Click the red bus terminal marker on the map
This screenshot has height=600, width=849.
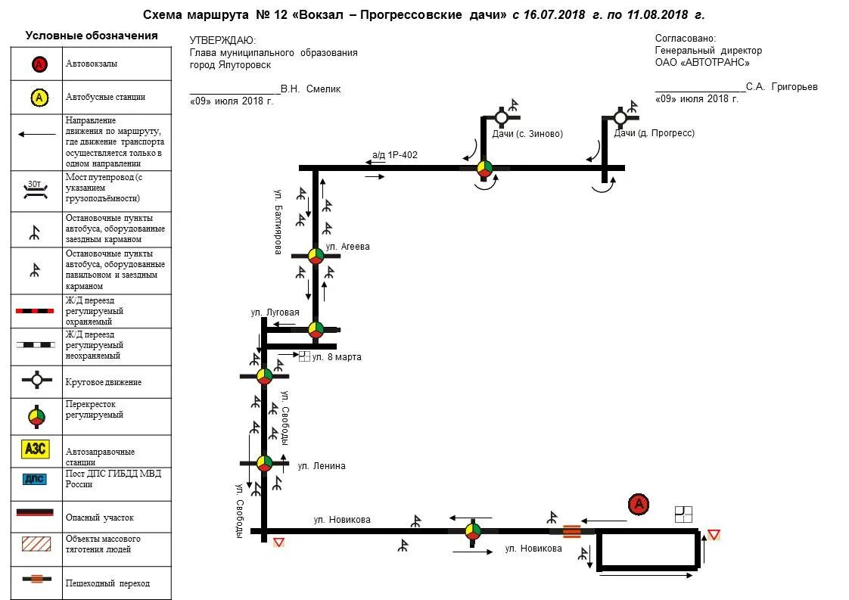(639, 505)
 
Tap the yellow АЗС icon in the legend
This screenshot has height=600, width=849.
(36, 449)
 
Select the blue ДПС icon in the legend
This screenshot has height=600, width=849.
(36, 479)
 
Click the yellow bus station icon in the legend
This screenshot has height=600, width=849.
(39, 97)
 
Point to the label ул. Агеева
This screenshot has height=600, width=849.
(347, 247)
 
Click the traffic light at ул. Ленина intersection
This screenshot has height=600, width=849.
(264, 462)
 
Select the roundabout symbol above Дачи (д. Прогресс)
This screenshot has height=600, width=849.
(620, 117)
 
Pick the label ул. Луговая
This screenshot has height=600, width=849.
(275, 312)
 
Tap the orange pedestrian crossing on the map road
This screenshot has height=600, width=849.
(572, 531)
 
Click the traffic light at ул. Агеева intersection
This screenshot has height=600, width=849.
(316, 256)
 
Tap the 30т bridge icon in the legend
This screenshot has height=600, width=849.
(36, 189)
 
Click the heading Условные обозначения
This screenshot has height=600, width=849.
(92, 36)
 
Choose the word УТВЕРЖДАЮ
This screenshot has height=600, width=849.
(222, 41)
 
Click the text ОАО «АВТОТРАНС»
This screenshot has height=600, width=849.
(702, 63)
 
